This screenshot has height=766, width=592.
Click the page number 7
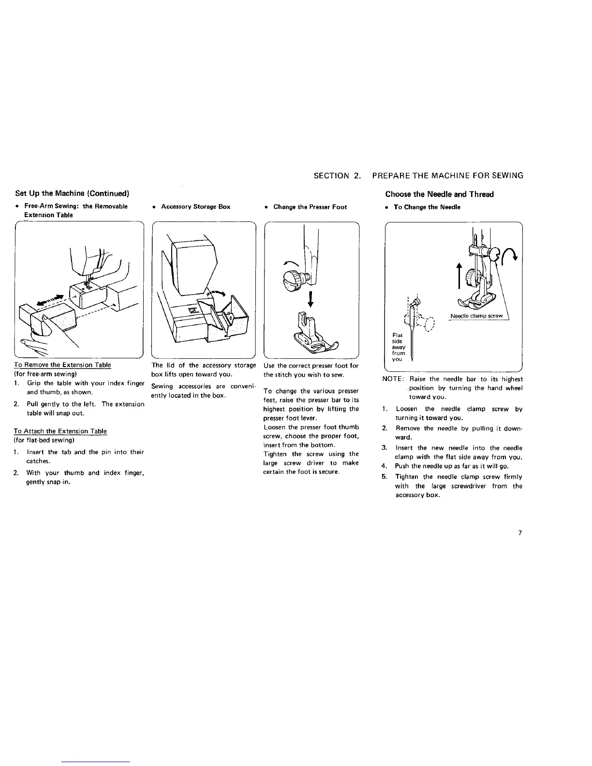[520, 533]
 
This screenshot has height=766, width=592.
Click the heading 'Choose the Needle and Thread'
[439, 194]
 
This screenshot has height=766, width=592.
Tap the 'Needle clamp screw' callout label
[476, 316]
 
